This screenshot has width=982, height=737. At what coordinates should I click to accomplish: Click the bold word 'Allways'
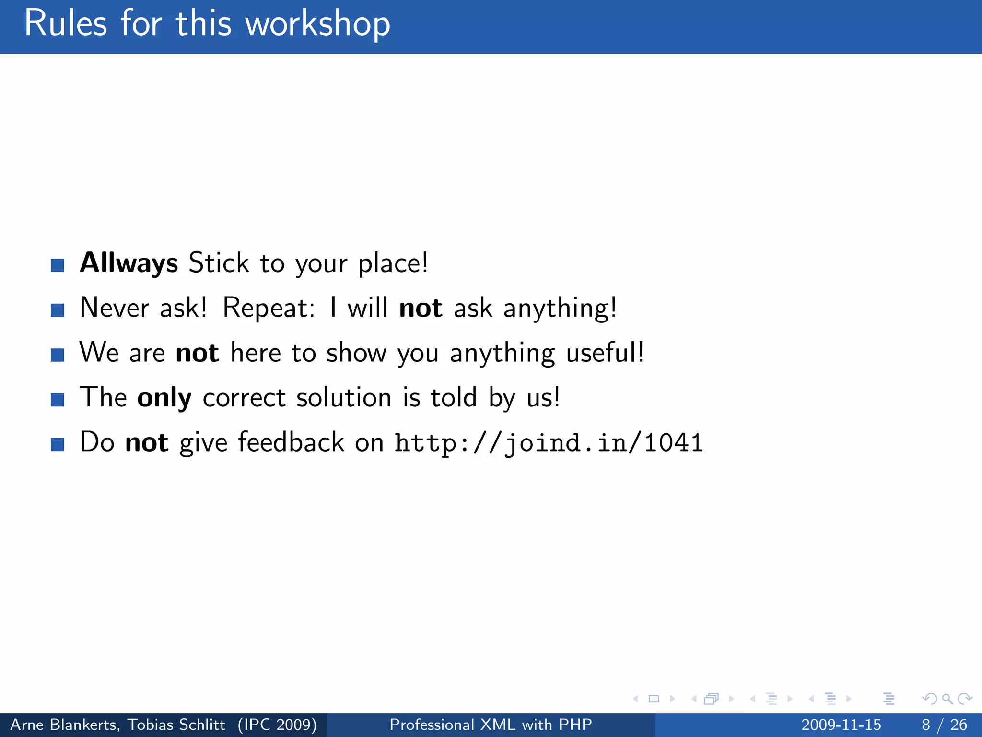[x=129, y=263]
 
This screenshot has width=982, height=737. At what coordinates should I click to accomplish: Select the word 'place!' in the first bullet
[x=393, y=263]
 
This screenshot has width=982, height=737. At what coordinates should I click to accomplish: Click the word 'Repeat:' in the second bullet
[x=269, y=308]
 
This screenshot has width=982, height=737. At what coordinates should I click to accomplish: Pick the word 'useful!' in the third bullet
[x=605, y=353]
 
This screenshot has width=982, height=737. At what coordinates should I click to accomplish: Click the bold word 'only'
[x=164, y=398]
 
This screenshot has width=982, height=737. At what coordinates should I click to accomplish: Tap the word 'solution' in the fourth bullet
[x=344, y=398]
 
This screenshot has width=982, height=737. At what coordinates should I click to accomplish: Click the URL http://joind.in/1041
[x=549, y=442]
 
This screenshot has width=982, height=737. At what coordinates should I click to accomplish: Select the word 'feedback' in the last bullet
[x=291, y=442]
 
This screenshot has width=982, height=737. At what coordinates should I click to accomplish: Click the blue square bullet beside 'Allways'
[x=58, y=265]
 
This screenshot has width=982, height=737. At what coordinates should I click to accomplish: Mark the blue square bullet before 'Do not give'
[x=58, y=444]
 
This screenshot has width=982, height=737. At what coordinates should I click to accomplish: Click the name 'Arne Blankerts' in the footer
[x=65, y=725]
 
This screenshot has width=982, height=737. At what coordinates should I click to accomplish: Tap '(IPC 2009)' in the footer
[x=277, y=725]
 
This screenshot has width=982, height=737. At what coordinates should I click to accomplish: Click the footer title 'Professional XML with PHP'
[x=491, y=725]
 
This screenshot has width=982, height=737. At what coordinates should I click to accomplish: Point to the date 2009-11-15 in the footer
[x=841, y=725]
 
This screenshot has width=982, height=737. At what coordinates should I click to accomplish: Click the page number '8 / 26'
[x=944, y=725]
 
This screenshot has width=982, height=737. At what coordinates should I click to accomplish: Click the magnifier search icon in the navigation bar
[x=947, y=699]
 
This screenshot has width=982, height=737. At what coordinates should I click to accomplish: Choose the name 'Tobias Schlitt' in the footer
[x=176, y=725]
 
